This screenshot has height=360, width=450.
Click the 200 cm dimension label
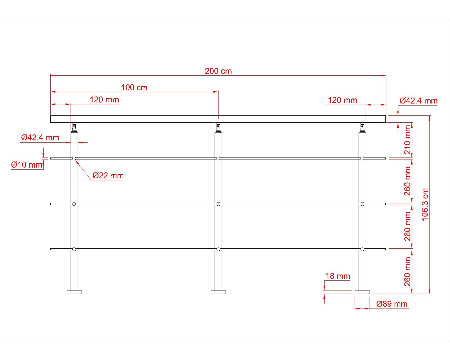(x=218, y=71)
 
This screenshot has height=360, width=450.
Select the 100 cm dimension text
(x=134, y=87)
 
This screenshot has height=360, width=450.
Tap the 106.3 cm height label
(x=425, y=204)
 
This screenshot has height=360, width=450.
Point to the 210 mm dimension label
(x=408, y=139)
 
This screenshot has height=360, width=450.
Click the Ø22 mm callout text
(x=108, y=176)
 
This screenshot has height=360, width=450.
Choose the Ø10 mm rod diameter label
(x=27, y=165)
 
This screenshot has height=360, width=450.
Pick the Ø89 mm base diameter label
(x=392, y=304)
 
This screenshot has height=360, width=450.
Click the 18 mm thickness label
(x=337, y=276)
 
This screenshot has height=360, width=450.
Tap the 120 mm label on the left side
(x=104, y=100)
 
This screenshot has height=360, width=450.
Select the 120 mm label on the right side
(x=342, y=100)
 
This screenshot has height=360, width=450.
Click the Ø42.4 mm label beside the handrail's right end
(x=418, y=101)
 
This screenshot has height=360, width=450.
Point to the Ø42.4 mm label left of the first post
(x=40, y=138)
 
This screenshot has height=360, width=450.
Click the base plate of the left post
(x=74, y=292)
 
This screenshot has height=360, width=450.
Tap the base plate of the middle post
(x=218, y=292)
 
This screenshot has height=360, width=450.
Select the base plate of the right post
(x=362, y=292)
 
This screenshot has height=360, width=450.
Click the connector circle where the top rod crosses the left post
(x=74, y=159)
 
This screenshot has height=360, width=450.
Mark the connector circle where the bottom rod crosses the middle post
(x=219, y=249)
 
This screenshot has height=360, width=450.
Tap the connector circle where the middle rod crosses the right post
(x=362, y=204)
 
